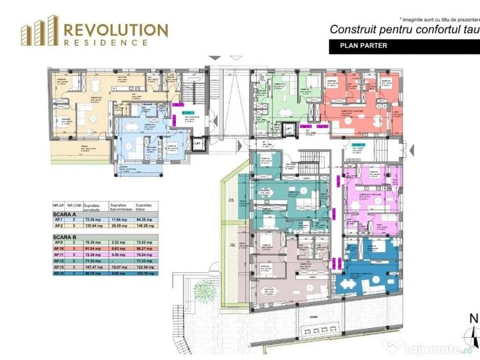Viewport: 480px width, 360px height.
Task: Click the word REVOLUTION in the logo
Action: click(116, 29)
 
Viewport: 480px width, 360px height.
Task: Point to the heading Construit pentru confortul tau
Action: click(403, 29)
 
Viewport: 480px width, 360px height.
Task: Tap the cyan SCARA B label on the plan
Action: click(358, 146)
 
